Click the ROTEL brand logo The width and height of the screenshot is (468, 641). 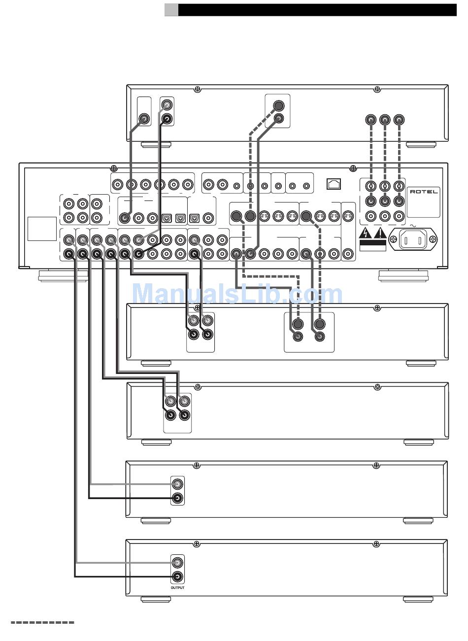point(424,192)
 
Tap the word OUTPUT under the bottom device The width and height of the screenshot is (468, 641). point(178,587)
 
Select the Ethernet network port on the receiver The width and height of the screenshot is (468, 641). point(334,184)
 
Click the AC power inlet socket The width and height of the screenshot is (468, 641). point(413,239)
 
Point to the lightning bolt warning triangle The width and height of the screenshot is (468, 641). point(366,234)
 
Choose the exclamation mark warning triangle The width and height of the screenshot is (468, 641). point(380,234)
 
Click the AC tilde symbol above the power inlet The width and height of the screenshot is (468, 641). point(413,226)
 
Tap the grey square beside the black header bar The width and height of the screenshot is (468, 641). point(171,10)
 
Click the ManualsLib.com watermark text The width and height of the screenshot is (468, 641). point(237,293)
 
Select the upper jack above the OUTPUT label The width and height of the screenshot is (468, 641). point(177,563)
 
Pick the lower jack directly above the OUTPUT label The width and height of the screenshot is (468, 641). point(177,576)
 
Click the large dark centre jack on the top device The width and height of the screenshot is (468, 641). point(278,105)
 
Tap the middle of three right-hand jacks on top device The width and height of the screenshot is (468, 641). point(385,119)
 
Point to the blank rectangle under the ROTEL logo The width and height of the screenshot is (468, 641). point(423,206)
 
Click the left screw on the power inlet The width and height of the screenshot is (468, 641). point(394,239)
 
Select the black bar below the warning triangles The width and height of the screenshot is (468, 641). point(373,243)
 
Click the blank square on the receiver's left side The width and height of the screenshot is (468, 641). point(42,229)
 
